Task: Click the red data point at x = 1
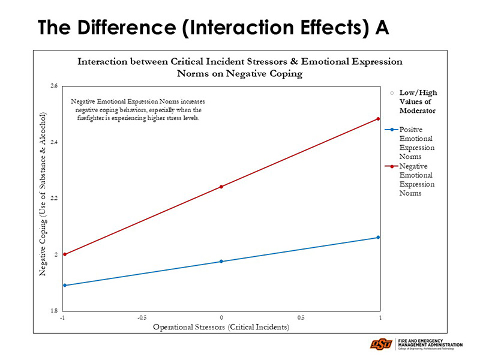click(x=379, y=119)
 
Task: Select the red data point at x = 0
click(x=221, y=187)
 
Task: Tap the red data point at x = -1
click(x=64, y=254)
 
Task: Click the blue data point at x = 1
click(x=379, y=238)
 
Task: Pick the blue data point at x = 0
click(x=221, y=262)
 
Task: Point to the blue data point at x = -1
click(x=64, y=286)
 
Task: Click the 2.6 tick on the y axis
click(x=54, y=86)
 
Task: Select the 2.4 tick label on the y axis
click(x=54, y=142)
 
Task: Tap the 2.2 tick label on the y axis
click(x=54, y=198)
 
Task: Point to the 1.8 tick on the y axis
click(x=54, y=311)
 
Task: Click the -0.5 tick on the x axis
click(x=142, y=317)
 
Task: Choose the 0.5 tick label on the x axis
click(x=300, y=317)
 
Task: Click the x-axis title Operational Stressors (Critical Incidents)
click(x=221, y=327)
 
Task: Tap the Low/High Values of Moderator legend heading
click(x=418, y=101)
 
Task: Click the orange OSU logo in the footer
click(x=381, y=344)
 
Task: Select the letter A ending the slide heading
click(x=382, y=27)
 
